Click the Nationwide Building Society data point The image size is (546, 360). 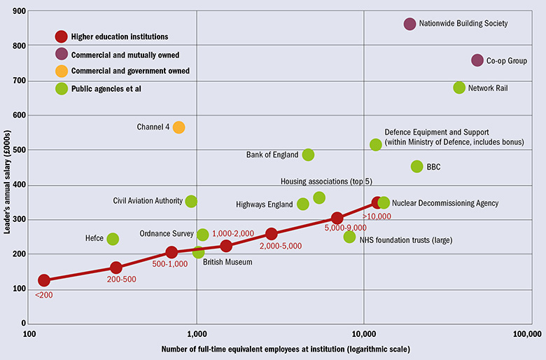pyautogui.click(x=410, y=24)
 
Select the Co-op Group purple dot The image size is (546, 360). pyautogui.click(x=477, y=61)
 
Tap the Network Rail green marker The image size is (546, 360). pyautogui.click(x=459, y=88)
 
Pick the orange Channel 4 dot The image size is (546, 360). pyautogui.click(x=179, y=127)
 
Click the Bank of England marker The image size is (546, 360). pyautogui.click(x=308, y=155)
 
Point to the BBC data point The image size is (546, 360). pyautogui.click(x=417, y=167)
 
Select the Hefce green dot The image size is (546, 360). pyautogui.click(x=113, y=239)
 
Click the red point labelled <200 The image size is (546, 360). pyautogui.click(x=44, y=280)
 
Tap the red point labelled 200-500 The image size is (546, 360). pyautogui.click(x=116, y=268)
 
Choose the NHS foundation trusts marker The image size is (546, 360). pyautogui.click(x=350, y=237)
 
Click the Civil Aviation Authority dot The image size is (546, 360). pyautogui.click(x=191, y=201)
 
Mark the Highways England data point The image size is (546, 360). pyautogui.click(x=303, y=205)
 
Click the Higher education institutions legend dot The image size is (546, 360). pyautogui.click(x=62, y=36)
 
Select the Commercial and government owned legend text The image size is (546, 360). pyautogui.click(x=130, y=71)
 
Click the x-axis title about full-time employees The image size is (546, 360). pyautogui.click(x=285, y=349)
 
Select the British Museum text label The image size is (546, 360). pyautogui.click(x=227, y=263)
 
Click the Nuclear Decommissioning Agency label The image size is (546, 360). pyautogui.click(x=445, y=203)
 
